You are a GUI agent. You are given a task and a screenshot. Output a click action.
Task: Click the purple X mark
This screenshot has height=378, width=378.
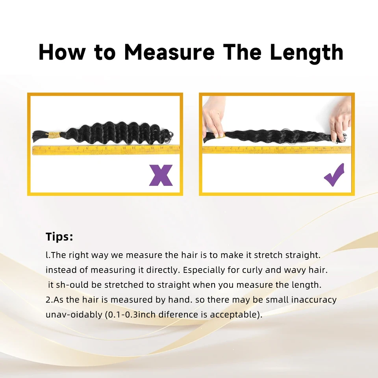161,175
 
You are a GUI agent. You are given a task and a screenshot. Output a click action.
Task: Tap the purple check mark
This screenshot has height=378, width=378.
334,175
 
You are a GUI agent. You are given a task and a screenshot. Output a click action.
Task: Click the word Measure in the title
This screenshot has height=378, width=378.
170,52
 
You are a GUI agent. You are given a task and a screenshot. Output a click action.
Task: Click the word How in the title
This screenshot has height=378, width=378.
62,52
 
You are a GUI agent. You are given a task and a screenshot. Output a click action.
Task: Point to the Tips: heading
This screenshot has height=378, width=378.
59,237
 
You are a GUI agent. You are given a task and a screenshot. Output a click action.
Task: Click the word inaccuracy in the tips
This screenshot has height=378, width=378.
314,300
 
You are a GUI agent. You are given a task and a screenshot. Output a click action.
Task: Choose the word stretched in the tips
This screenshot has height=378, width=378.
124,285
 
